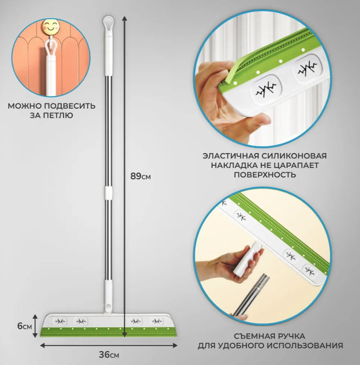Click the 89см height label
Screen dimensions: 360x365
tap(140, 176)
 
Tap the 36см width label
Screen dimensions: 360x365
tap(109, 355)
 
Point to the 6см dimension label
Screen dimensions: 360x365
tap(24, 326)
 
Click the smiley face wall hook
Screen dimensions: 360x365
tap(51, 26)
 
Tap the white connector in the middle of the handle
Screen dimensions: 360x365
tap(108, 193)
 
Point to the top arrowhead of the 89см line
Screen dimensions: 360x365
tap(125, 18)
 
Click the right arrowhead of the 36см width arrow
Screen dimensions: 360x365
tap(175, 346)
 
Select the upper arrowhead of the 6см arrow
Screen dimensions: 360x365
tap(35, 316)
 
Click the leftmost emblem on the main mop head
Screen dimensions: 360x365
tap(60, 321)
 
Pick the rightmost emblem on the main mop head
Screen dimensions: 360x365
tap(157, 321)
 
